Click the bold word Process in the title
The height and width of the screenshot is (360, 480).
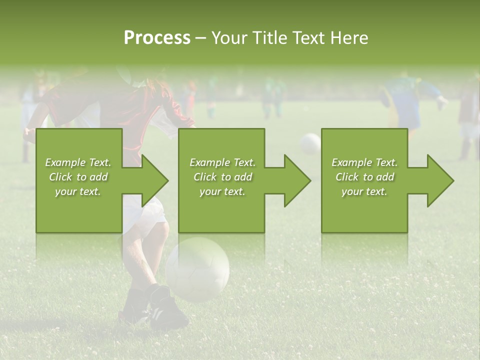(157, 37)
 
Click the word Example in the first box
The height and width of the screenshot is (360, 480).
(65, 162)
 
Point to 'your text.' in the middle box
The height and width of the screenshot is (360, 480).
(222, 191)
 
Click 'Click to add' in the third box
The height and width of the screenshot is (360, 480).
(364, 177)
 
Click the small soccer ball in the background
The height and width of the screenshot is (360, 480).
(310, 143)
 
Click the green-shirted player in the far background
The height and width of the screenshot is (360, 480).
(272, 95)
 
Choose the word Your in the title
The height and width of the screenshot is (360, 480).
(228, 37)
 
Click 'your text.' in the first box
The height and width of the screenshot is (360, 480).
(77, 191)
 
